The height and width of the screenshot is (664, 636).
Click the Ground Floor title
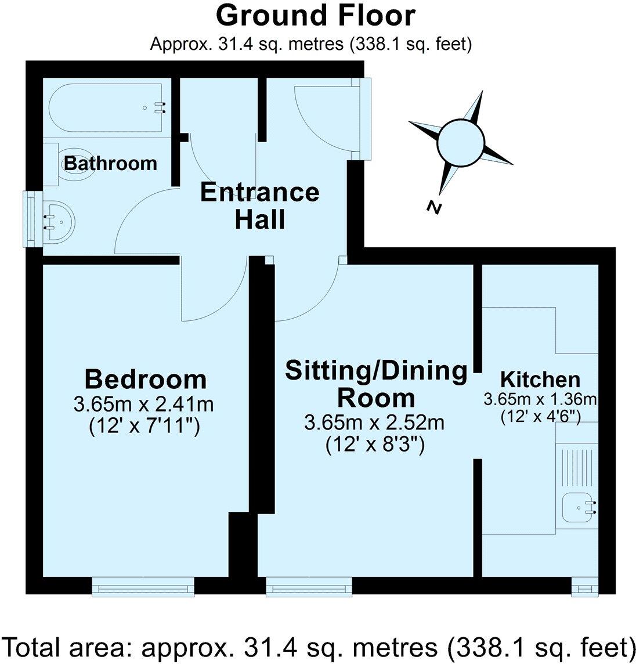pyautogui.click(x=315, y=16)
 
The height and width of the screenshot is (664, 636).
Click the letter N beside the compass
pyautogui.click(x=433, y=207)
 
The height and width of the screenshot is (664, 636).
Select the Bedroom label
pyautogui.click(x=145, y=379)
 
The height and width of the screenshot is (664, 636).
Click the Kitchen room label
pyautogui.click(x=540, y=379)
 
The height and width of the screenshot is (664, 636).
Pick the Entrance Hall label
pyautogui.click(x=259, y=205)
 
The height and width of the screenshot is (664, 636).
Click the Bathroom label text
pyautogui.click(x=110, y=163)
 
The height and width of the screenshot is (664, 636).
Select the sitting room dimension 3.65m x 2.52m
pyautogui.click(x=374, y=422)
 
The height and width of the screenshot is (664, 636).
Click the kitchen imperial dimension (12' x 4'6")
pyautogui.click(x=540, y=416)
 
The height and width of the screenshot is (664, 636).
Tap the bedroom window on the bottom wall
pyautogui.click(x=143, y=587)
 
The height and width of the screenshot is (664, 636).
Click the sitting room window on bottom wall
pyautogui.click(x=309, y=587)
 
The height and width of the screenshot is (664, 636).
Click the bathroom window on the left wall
pyautogui.click(x=32, y=220)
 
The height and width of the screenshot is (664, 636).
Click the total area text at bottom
pyautogui.click(x=317, y=646)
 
